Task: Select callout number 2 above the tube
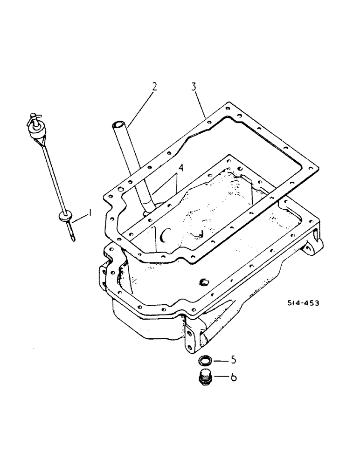pyautogui.click(x=154, y=87)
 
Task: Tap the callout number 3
pyautogui.click(x=193, y=87)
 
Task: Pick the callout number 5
pyautogui.click(x=233, y=360)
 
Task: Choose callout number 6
pyautogui.click(x=234, y=377)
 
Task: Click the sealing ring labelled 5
pyautogui.click(x=204, y=360)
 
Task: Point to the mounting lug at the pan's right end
pyautogui.click(x=313, y=245)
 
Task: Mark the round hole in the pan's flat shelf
pyautogui.click(x=203, y=281)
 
